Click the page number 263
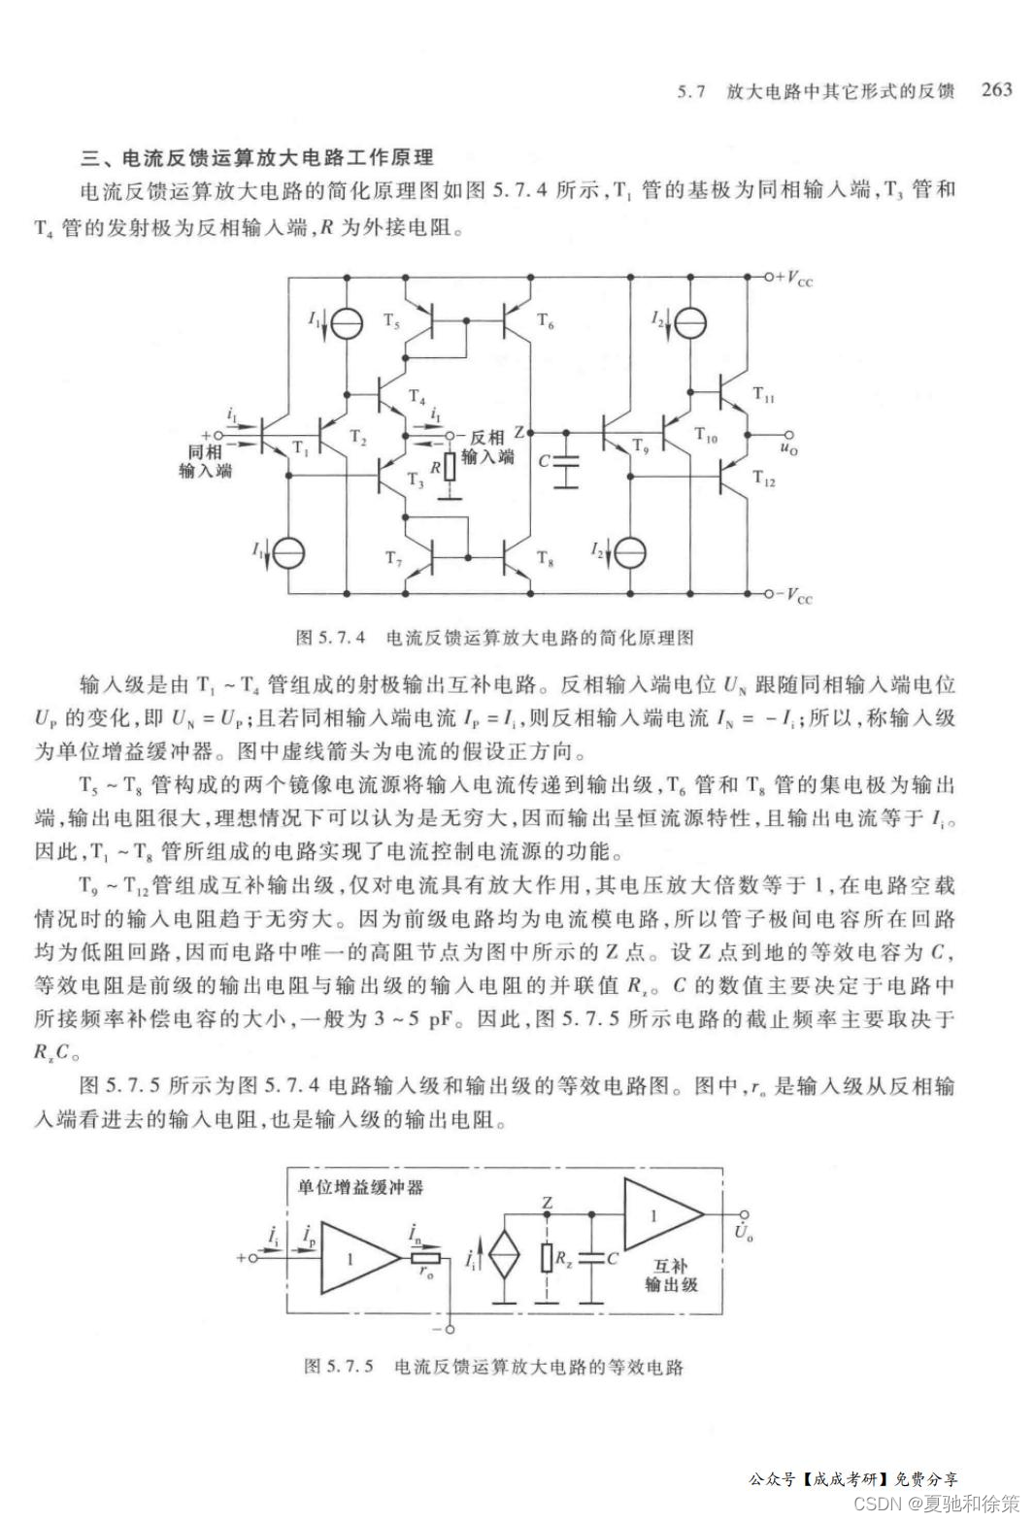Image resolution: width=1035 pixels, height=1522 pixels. coord(996,90)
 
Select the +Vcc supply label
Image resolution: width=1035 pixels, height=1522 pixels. coord(794,279)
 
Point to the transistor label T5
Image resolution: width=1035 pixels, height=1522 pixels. coord(392,321)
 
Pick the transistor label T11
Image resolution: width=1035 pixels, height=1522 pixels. coord(764,395)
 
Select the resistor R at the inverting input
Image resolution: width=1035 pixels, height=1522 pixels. coord(449,468)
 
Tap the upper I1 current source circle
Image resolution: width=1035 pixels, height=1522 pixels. coord(346,323)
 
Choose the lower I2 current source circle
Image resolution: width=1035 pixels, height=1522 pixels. coord(630,552)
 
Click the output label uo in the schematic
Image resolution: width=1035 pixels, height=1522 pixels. coord(788,449)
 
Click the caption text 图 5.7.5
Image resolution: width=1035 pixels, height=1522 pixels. coord(339,1367)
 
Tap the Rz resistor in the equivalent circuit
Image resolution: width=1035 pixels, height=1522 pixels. coord(548,1260)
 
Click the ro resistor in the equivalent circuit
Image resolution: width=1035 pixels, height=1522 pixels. coord(427,1259)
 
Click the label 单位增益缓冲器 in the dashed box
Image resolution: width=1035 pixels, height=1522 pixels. coord(360,1187)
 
